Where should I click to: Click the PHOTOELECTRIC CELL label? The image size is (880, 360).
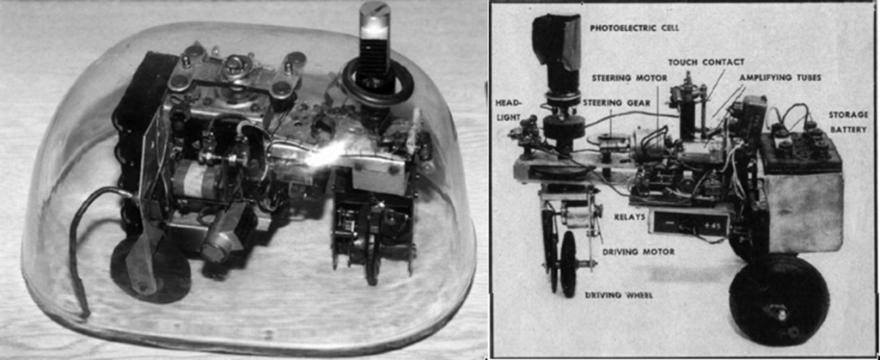(x=632, y=27)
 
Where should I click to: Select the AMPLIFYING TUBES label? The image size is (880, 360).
(x=780, y=78)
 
